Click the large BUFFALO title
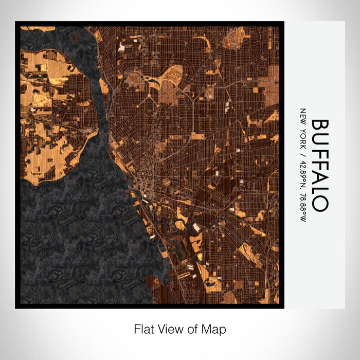[319, 165]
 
